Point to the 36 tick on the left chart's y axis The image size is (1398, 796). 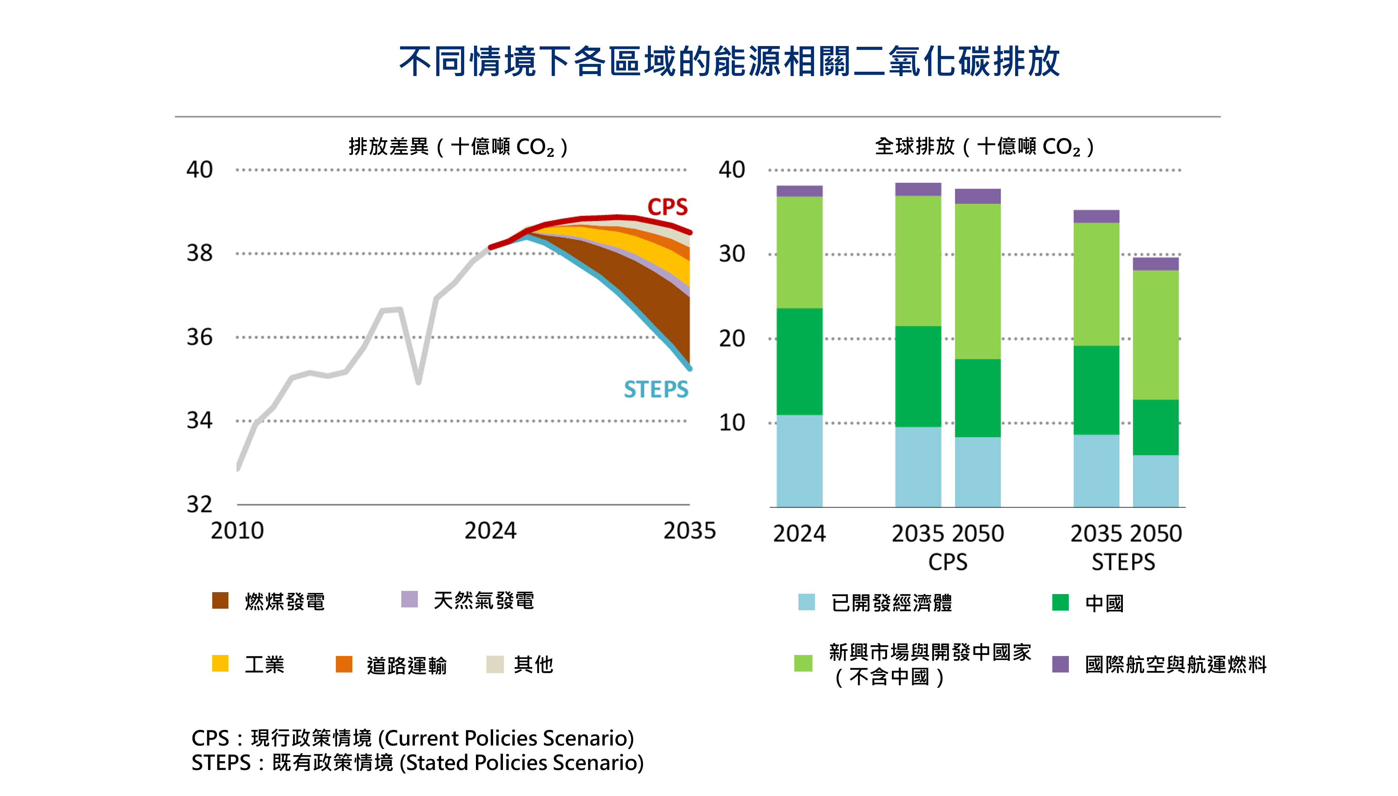tap(200, 337)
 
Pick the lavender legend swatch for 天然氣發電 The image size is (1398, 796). tap(409, 599)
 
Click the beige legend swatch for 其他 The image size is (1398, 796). tap(494, 664)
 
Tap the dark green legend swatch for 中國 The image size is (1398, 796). tap(1060, 602)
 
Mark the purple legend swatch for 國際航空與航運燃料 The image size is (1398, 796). tap(1060, 664)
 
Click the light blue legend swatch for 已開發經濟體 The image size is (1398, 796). tap(806, 602)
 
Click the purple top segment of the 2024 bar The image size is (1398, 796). tap(799, 191)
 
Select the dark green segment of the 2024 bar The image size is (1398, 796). tap(799, 361)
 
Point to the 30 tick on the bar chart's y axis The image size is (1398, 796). tap(732, 254)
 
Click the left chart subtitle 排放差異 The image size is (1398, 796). tap(388, 146)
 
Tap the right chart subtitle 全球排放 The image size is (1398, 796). tap(914, 146)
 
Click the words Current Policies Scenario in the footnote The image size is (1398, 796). tap(509, 738)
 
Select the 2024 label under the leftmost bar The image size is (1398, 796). tap(799, 533)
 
